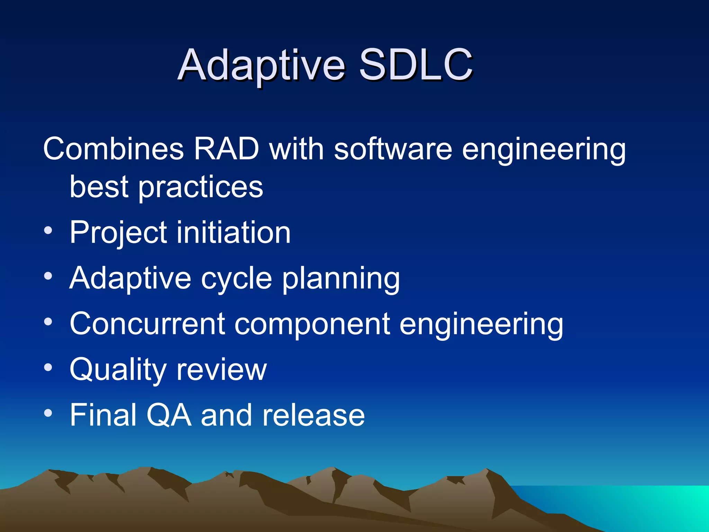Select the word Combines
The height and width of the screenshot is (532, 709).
(113, 149)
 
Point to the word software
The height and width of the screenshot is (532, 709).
(393, 149)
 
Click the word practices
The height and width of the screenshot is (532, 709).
(201, 187)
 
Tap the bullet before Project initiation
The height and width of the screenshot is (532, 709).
(48, 231)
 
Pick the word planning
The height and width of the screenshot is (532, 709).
(341, 279)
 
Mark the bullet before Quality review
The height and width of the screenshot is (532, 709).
(48, 367)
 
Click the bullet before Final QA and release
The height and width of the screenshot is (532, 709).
(48, 413)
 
